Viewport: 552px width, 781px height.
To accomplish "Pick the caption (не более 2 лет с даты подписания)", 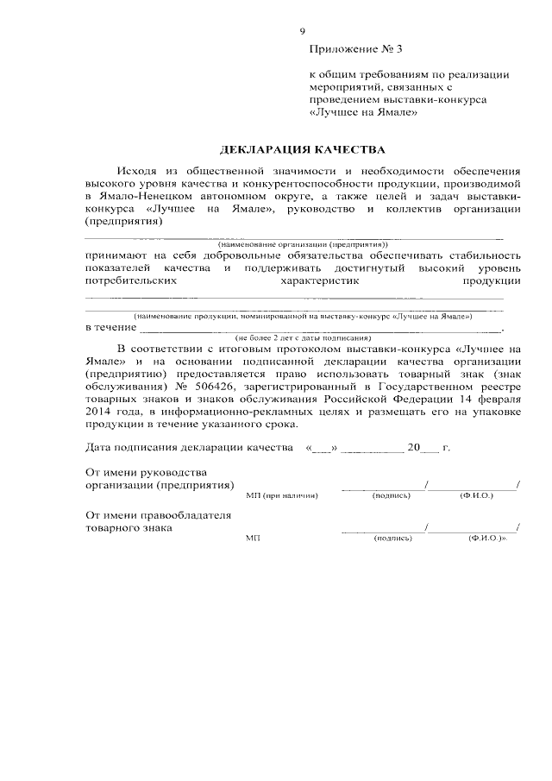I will point(298,337).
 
